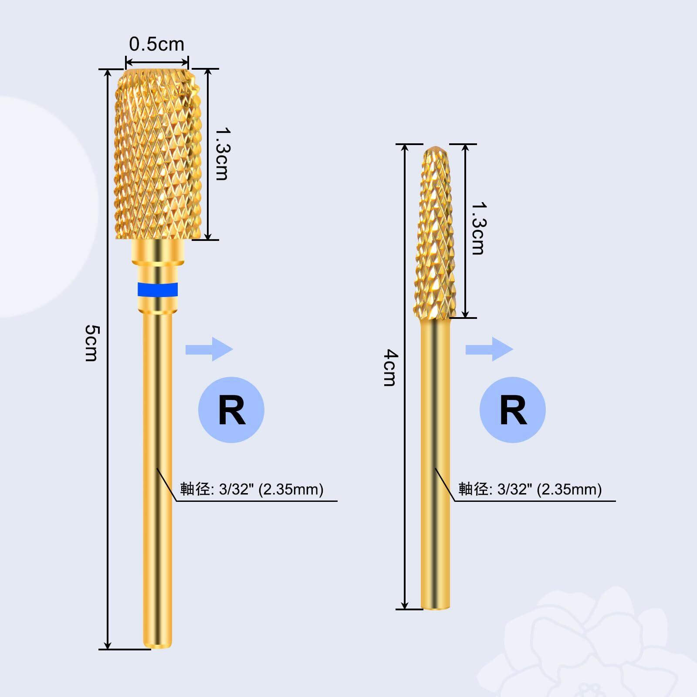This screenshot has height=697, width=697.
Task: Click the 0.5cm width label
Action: pyautogui.click(x=157, y=44)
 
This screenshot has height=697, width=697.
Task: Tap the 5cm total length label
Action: pyautogui.click(x=91, y=343)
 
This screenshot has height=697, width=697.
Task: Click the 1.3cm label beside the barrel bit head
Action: pyautogui.click(x=222, y=153)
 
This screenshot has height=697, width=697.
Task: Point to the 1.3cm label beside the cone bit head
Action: pyautogui.click(x=478, y=228)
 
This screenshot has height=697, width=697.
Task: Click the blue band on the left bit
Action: pyautogui.click(x=158, y=289)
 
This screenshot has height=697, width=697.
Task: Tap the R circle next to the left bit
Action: pyautogui.click(x=231, y=410)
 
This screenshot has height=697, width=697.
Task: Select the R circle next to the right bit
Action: pyautogui.click(x=513, y=410)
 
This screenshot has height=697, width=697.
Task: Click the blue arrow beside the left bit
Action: pyautogui.click(x=210, y=349)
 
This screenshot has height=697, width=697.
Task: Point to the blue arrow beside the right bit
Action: pyautogui.click(x=490, y=349)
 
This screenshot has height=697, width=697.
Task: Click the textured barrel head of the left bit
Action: pyautogui.click(x=158, y=154)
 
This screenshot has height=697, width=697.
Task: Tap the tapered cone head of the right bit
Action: pyautogui.click(x=435, y=233)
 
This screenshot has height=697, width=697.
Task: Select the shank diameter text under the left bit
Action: pyautogui.click(x=252, y=489)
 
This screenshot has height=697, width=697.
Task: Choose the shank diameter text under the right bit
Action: pyautogui.click(x=530, y=489)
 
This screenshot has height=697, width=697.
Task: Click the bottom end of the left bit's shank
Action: pyautogui.click(x=158, y=648)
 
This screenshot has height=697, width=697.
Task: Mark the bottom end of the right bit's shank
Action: pyautogui.click(x=436, y=608)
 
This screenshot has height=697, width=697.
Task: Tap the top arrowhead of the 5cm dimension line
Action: pyautogui.click(x=108, y=72)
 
